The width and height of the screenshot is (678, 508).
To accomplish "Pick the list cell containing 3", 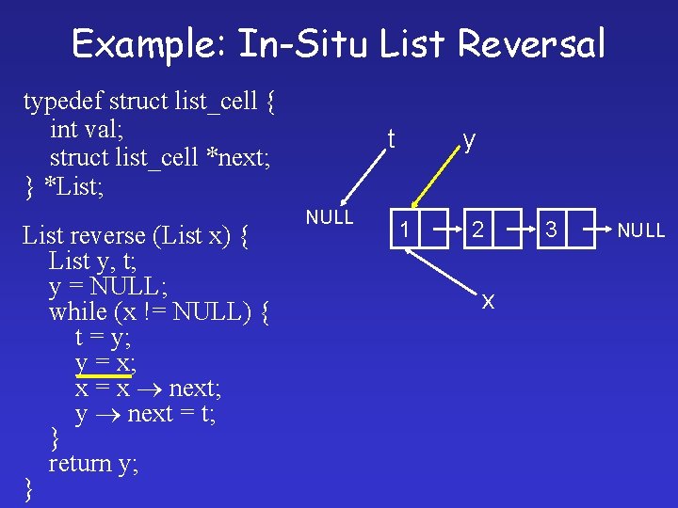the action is (552, 229).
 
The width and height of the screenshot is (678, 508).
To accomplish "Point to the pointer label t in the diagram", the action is (390, 138).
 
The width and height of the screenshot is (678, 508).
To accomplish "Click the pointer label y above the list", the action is (468, 140).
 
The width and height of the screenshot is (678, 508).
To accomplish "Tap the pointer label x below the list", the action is (488, 300).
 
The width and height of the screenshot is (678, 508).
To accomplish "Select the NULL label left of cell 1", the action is (330, 217).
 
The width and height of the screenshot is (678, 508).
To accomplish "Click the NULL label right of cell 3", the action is (641, 230).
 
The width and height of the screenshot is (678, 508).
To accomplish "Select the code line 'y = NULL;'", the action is (107, 285).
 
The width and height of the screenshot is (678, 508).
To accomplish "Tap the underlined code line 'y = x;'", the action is (105, 362).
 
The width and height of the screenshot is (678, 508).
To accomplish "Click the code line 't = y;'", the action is (104, 337).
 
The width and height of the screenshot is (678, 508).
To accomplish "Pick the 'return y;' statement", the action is (93, 463).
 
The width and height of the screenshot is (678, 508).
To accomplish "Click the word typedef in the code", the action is (63, 100).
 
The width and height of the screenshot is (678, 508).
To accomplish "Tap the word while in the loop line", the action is (77, 310).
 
